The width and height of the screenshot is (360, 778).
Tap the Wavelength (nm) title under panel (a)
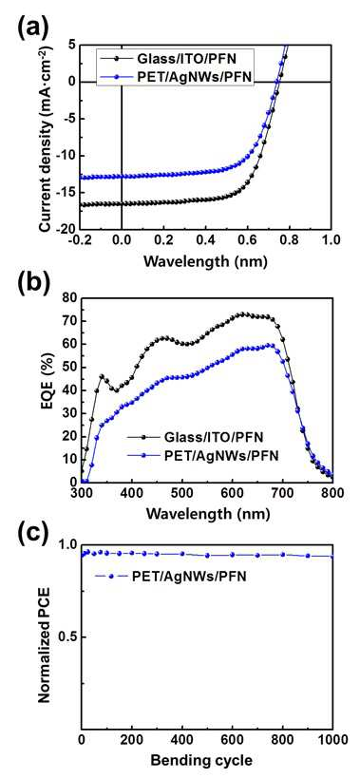(206, 260)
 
